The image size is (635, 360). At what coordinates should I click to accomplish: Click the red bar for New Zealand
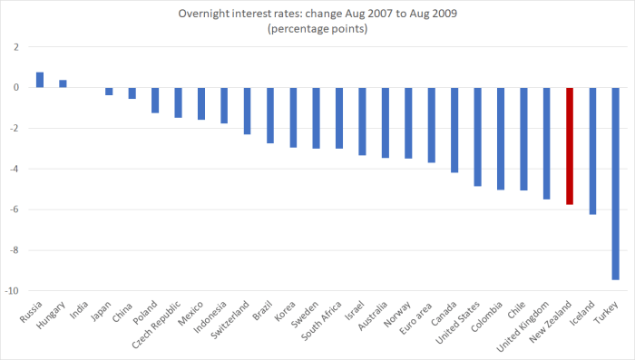point(570,146)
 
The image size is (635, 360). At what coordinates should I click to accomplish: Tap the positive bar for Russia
point(40,80)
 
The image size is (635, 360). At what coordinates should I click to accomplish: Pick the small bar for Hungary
point(63,83)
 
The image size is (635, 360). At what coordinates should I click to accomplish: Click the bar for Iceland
point(592,151)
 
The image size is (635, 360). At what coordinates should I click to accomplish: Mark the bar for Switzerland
point(247,111)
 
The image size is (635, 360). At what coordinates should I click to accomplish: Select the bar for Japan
point(109,92)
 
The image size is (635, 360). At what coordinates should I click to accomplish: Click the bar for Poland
point(155,100)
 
